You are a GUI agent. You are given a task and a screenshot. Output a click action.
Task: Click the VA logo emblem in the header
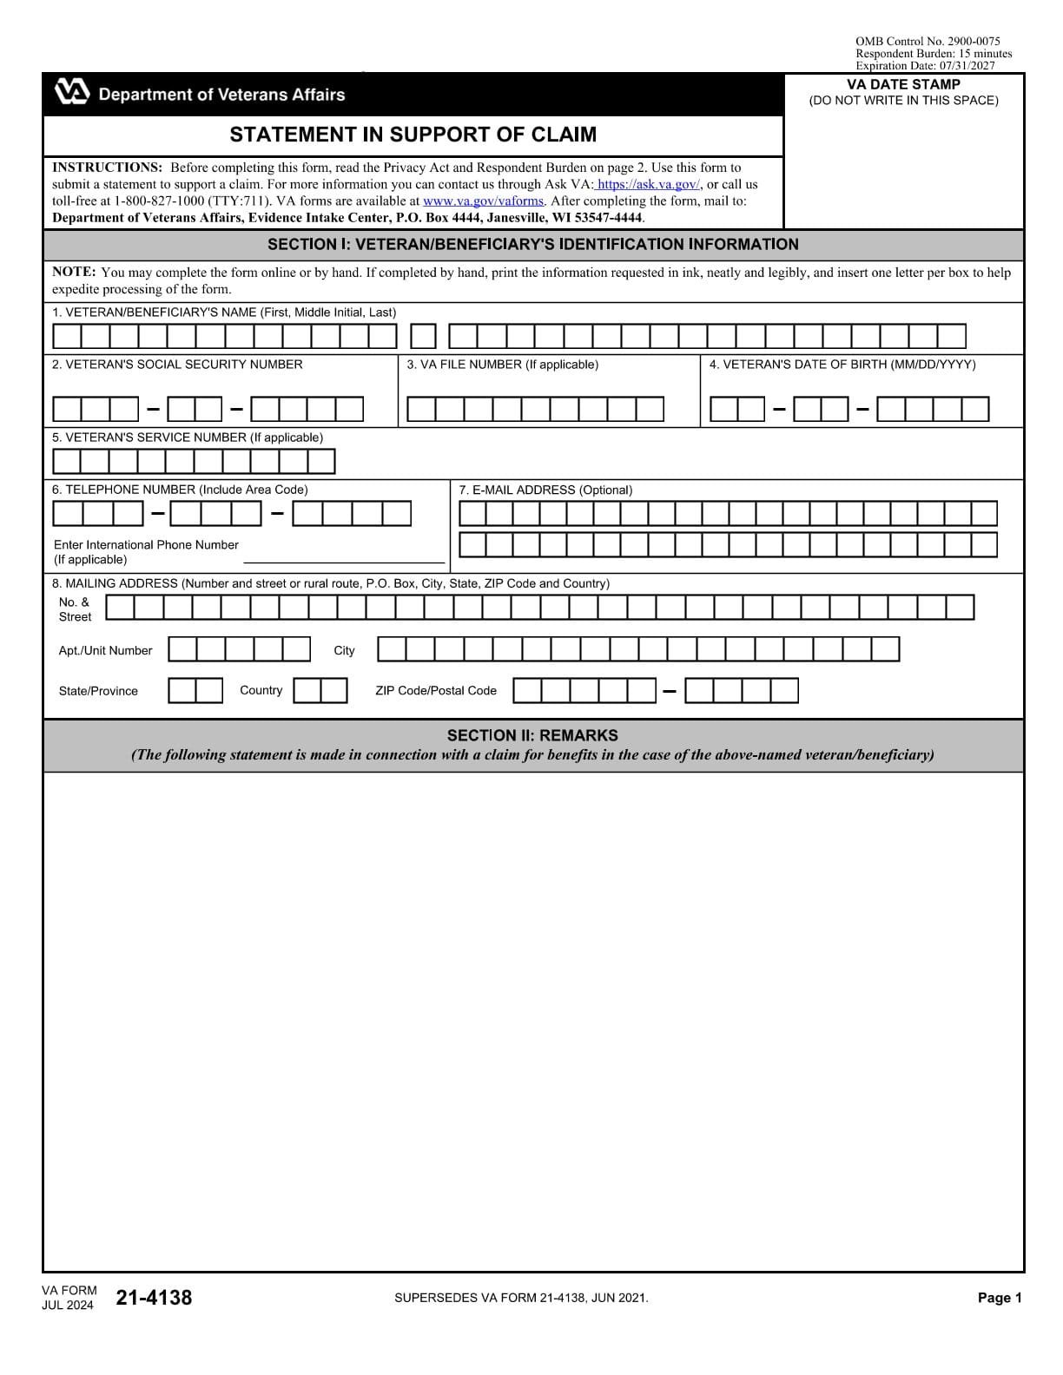(71, 92)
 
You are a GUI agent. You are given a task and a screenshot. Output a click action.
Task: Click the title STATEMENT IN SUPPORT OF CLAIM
(413, 135)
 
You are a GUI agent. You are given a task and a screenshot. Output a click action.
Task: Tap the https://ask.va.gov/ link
(648, 184)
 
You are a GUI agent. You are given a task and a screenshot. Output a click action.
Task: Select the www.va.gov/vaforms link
(483, 201)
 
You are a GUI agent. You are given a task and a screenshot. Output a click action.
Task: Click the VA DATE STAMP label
(903, 84)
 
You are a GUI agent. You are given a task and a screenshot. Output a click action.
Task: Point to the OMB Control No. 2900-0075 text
(927, 41)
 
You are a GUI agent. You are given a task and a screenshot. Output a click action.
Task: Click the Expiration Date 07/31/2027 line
(925, 65)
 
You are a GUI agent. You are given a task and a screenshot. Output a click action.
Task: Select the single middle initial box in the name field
(423, 336)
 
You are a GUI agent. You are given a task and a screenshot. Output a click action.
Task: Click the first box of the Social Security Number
(67, 409)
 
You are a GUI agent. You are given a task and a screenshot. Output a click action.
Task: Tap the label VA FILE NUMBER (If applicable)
(502, 365)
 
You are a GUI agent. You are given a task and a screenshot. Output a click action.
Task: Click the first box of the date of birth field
(723, 409)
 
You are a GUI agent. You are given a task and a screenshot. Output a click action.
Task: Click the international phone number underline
(343, 562)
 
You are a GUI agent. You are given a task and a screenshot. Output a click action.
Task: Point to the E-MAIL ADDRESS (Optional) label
(545, 490)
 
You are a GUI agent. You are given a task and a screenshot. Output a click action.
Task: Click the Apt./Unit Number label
(105, 650)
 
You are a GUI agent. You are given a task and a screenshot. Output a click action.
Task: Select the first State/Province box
(182, 691)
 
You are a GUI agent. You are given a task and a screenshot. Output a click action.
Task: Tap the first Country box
(307, 691)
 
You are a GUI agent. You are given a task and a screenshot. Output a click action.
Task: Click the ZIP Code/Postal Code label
(436, 691)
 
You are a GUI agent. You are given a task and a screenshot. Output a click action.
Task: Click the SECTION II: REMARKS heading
(532, 735)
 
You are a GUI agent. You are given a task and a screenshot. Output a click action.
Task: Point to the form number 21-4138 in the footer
(154, 1298)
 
